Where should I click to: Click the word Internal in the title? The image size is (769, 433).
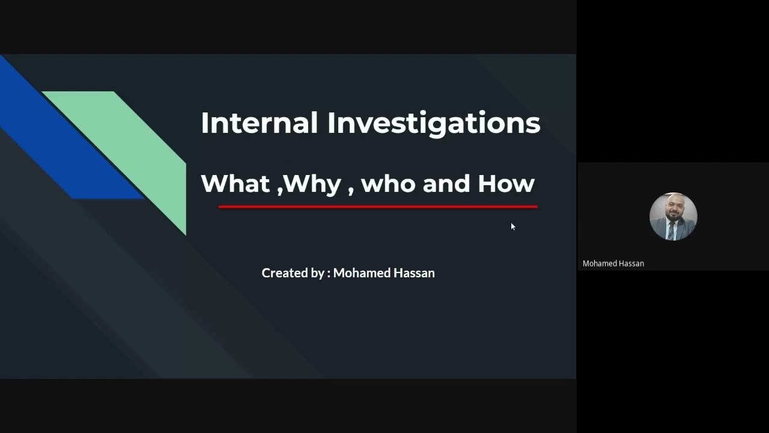pyautogui.click(x=259, y=123)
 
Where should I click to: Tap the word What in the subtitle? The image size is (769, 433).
pyautogui.click(x=236, y=183)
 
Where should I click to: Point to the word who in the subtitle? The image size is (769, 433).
pyautogui.click(x=388, y=183)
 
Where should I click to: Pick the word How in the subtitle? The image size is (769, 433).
pyautogui.click(x=506, y=183)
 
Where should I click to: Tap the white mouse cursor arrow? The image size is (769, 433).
pyautogui.click(x=512, y=226)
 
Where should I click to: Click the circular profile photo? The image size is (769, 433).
pyautogui.click(x=673, y=216)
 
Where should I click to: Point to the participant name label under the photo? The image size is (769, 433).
pyautogui.click(x=613, y=263)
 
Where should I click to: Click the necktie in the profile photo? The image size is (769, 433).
pyautogui.click(x=673, y=231)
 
